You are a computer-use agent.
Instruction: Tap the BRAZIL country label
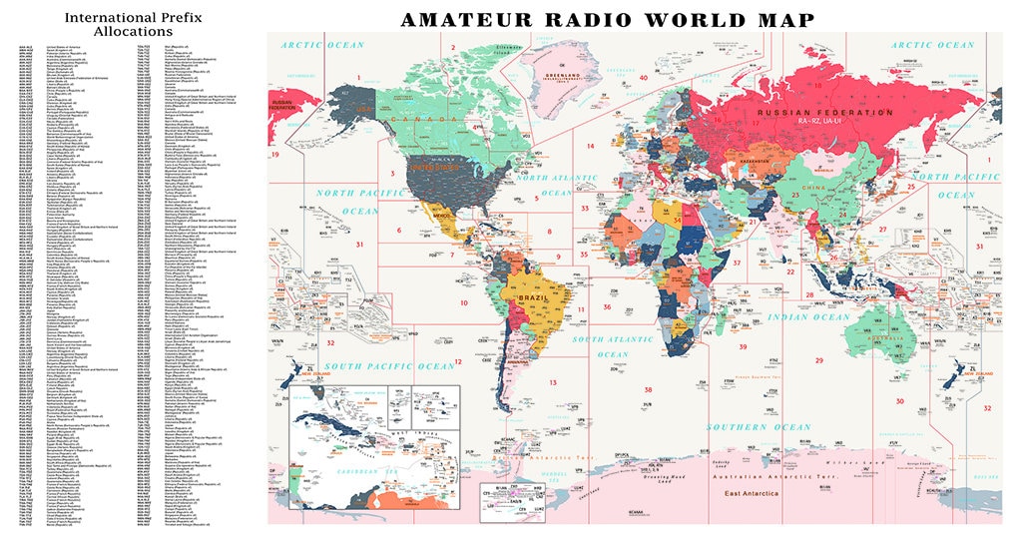(x=531, y=297)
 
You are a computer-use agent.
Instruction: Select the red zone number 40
(x=644, y=77)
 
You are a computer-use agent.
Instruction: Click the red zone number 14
(x=590, y=146)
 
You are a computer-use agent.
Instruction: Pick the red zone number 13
(x=552, y=382)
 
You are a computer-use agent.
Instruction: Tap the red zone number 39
(x=743, y=346)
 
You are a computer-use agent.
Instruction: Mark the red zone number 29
(x=818, y=360)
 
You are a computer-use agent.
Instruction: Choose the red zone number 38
(x=648, y=389)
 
